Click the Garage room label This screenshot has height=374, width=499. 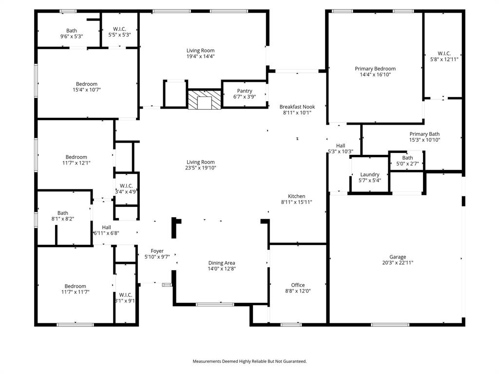pyautogui.click(x=397, y=257)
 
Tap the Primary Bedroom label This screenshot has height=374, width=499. pyautogui.click(x=375, y=69)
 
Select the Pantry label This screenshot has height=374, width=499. pyautogui.click(x=244, y=91)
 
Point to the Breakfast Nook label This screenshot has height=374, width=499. pyautogui.click(x=297, y=107)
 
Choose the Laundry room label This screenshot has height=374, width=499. pyautogui.click(x=369, y=174)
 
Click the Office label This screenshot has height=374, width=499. pyautogui.click(x=298, y=285)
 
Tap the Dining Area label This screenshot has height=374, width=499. pyautogui.click(x=222, y=263)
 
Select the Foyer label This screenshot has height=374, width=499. pyautogui.click(x=157, y=251)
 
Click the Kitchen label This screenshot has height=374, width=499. pyautogui.click(x=296, y=196)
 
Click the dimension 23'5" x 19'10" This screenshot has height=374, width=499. pyautogui.click(x=201, y=168)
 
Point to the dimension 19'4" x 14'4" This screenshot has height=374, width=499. pyautogui.click(x=200, y=56)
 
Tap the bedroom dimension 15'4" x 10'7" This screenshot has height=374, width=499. pyautogui.click(x=86, y=90)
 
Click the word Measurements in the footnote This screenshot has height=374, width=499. pyautogui.click(x=210, y=361)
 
